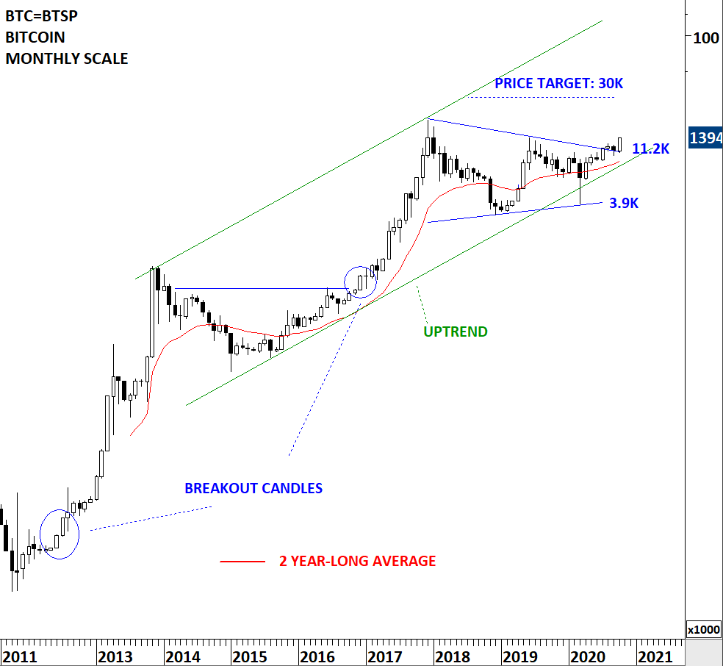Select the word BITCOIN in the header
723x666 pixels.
pyautogui.click(x=35, y=37)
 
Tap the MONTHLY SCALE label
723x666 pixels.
pyautogui.click(x=67, y=58)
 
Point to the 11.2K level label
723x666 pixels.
pyautogui.click(x=650, y=148)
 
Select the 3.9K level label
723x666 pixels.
pyautogui.click(x=624, y=204)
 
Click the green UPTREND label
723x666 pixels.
pyautogui.click(x=455, y=332)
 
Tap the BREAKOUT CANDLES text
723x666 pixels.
pyautogui.click(x=253, y=488)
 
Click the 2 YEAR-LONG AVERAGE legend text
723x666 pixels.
pyautogui.click(x=357, y=561)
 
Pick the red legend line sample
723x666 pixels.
pyautogui.click(x=242, y=562)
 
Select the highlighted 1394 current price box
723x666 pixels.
pyautogui.click(x=705, y=137)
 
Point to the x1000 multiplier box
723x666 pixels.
pyautogui.click(x=703, y=630)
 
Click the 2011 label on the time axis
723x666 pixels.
pyautogui.click(x=20, y=656)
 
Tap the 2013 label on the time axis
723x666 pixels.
pyautogui.click(x=115, y=656)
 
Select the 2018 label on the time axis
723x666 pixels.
pyautogui.click(x=453, y=656)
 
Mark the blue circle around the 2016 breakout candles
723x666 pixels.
pyautogui.click(x=361, y=281)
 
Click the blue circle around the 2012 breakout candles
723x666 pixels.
pyautogui.click(x=60, y=533)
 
